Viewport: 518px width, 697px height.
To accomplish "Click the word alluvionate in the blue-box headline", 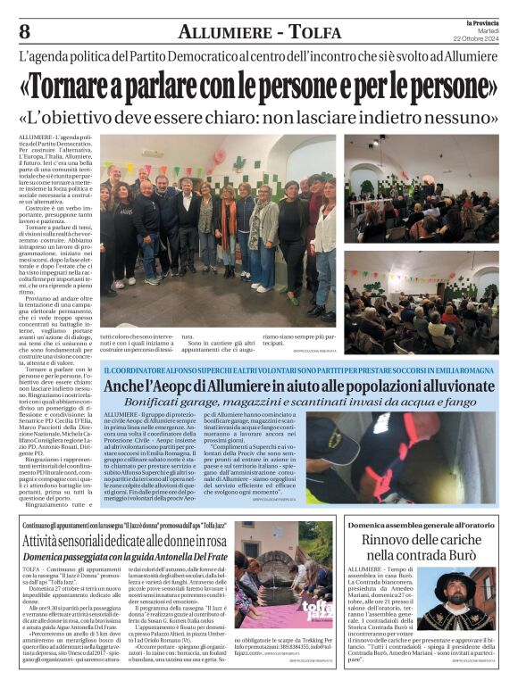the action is pos(453,386).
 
